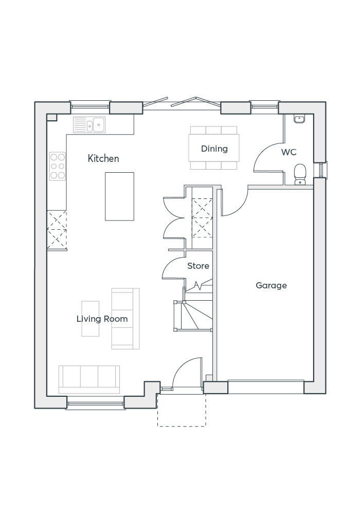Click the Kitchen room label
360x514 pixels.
(x=103, y=158)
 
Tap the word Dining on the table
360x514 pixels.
(x=214, y=149)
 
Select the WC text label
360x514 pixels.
(x=289, y=152)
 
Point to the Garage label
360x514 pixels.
(x=271, y=285)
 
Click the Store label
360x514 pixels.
(x=198, y=266)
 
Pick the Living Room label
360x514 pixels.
(x=102, y=319)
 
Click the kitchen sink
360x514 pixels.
(x=89, y=124)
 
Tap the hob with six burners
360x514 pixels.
(x=58, y=166)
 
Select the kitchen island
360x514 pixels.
(x=119, y=196)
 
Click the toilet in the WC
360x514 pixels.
(x=300, y=173)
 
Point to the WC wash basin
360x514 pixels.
(x=299, y=119)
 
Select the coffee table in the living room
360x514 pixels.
(x=90, y=319)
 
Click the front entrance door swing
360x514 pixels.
(x=185, y=373)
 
